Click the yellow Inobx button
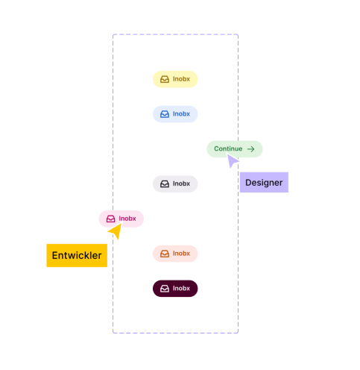(175, 79)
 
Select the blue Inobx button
(175, 114)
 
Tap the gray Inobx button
(175, 184)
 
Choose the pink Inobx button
(121, 219)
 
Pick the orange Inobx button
(175, 254)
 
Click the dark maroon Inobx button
(175, 289)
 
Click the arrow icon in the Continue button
(251, 149)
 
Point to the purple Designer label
(264, 182)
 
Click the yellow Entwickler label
(77, 255)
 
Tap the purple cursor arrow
(232, 160)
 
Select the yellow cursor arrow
(116, 231)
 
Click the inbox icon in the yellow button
(165, 79)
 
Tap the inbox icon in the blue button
(165, 114)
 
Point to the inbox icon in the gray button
(165, 184)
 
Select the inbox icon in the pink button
(110, 219)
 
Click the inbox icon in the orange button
(165, 254)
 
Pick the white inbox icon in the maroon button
(165, 289)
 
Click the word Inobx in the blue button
(181, 114)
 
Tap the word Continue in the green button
(228, 148)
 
